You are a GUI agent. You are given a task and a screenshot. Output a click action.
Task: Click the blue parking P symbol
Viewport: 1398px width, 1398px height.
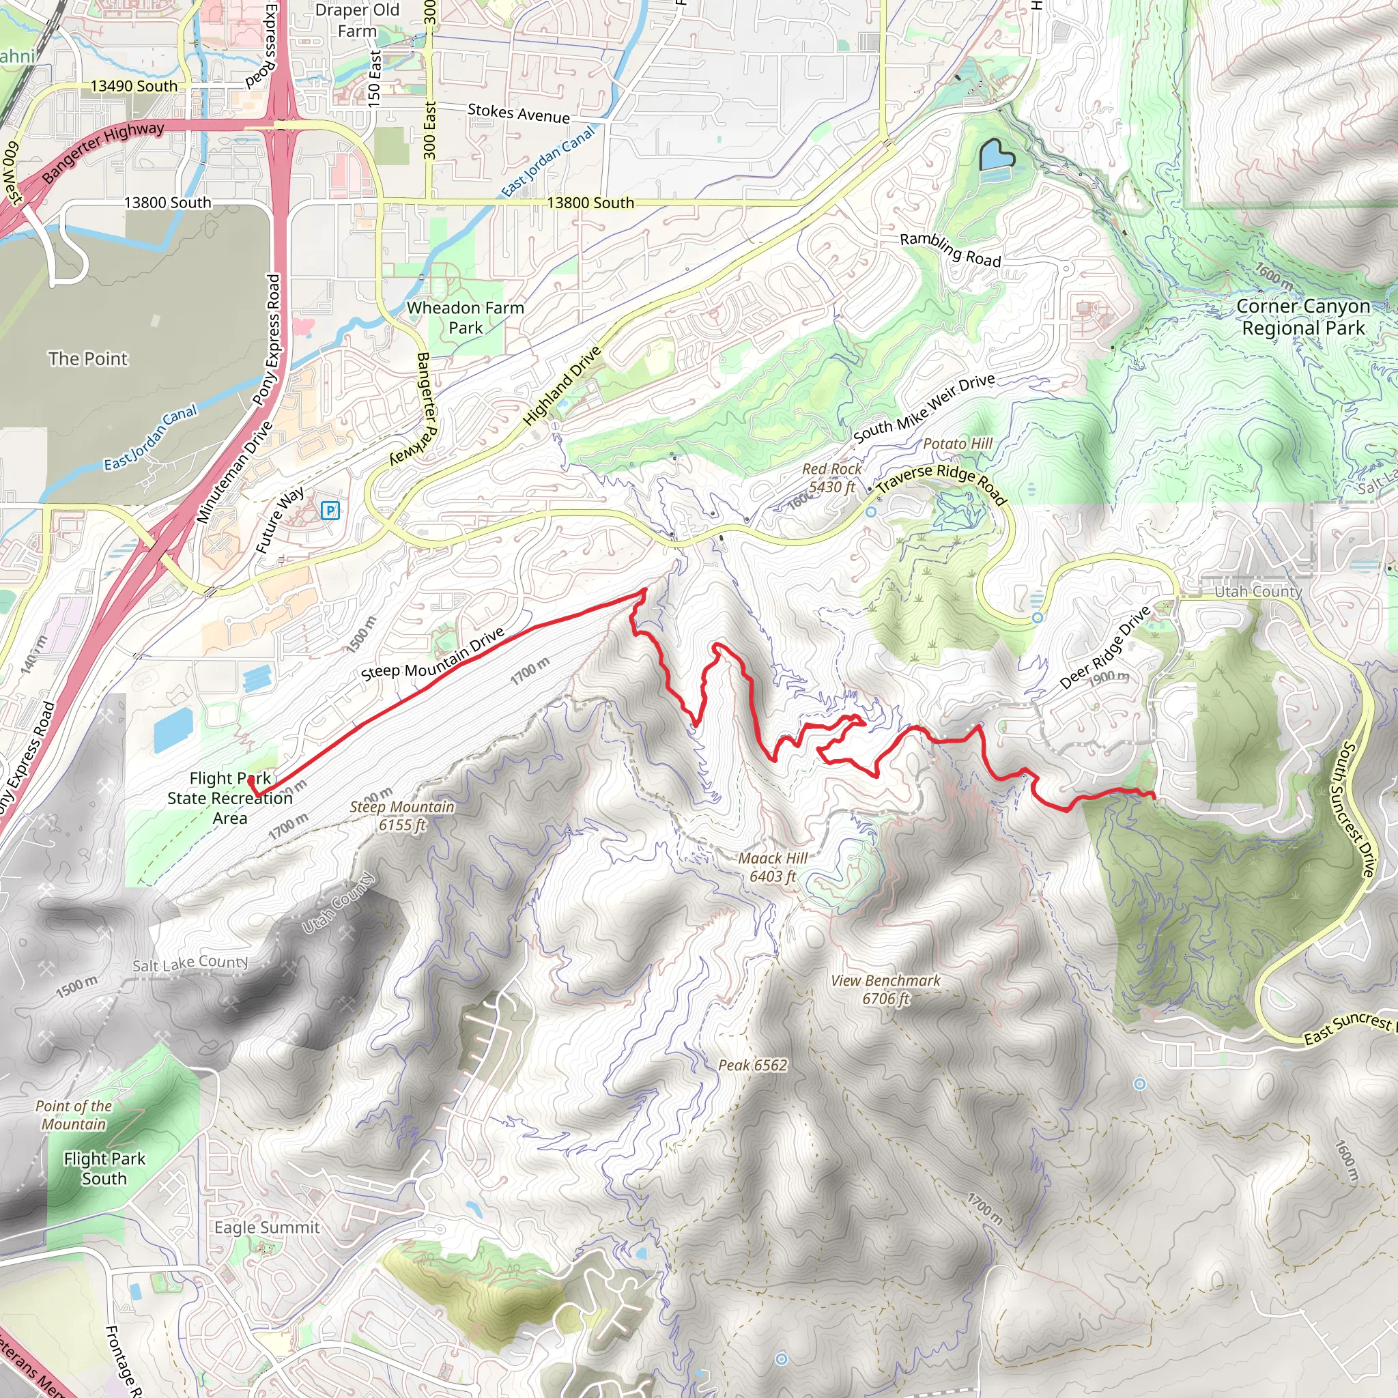[330, 511]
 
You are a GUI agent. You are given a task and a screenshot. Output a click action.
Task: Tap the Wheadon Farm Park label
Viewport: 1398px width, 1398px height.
[466, 317]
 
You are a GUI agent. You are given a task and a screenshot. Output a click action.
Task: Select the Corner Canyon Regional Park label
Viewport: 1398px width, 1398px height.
[1302, 317]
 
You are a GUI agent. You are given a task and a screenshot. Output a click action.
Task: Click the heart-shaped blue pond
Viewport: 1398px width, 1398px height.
[997, 156]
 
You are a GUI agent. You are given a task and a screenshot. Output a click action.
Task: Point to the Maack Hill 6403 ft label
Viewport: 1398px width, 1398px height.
[773, 867]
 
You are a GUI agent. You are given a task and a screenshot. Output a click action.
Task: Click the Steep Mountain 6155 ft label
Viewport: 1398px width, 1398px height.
[402, 816]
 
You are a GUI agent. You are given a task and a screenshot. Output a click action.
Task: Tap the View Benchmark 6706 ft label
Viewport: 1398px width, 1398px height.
[885, 989]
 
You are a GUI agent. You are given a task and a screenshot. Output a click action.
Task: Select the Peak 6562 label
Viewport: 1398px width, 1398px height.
[752, 1065]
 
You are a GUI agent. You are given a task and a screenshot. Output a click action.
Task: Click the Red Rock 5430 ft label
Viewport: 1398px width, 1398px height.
[832, 478]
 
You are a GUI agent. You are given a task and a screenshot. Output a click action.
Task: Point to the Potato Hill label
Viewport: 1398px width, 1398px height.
[957, 443]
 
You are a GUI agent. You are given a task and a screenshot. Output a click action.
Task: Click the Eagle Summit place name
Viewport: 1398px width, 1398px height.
[267, 1227]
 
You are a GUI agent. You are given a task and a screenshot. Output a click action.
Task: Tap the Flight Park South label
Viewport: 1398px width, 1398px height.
[104, 1168]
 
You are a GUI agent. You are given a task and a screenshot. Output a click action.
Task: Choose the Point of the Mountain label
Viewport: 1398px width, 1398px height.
[74, 1115]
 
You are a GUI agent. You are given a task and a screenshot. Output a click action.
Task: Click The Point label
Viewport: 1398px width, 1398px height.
[87, 358]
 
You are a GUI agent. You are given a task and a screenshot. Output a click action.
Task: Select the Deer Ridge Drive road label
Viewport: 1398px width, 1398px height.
[1104, 648]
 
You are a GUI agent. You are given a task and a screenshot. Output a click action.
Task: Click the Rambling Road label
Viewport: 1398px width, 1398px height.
[950, 249]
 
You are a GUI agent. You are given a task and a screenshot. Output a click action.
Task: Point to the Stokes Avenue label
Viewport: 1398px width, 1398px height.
[519, 113]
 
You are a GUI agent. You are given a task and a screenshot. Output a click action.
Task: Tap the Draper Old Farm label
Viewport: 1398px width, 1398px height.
[358, 20]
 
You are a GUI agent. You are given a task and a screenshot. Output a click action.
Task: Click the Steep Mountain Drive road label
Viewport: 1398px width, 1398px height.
[433, 654]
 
